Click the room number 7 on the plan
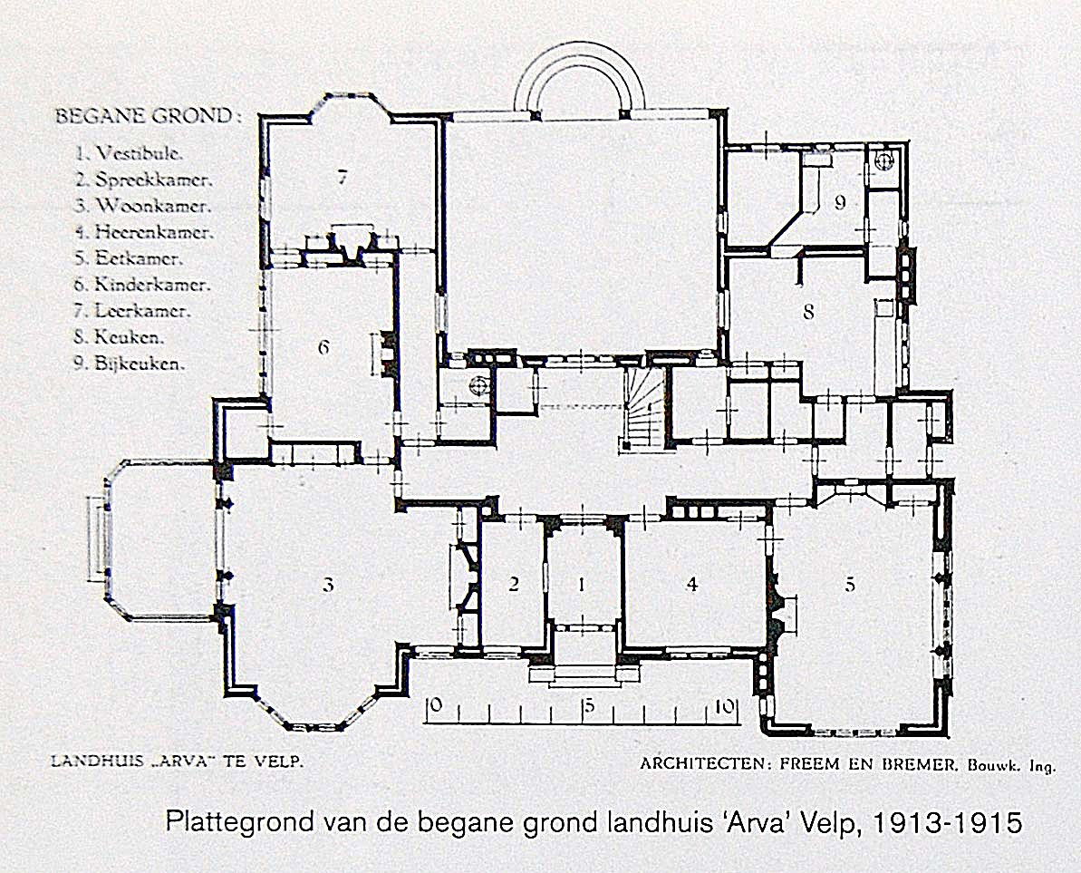342,177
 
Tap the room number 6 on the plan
323,347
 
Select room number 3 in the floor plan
328,585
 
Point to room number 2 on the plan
513,585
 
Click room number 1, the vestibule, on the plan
582,585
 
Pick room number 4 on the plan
692,585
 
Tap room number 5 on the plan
850,585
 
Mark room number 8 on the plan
808,312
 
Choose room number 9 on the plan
840,202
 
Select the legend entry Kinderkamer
152,284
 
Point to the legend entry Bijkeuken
140,364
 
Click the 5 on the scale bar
588,707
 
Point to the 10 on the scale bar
724,707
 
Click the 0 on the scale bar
435,705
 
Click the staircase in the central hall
642,409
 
